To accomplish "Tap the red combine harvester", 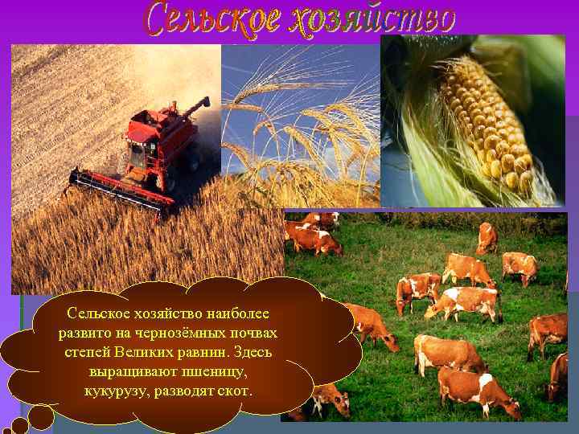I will pyautogui.click(x=145, y=157).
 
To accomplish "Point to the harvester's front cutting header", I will pyautogui.click(x=121, y=190).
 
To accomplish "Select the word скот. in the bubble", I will pyautogui.click(x=234, y=391).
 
